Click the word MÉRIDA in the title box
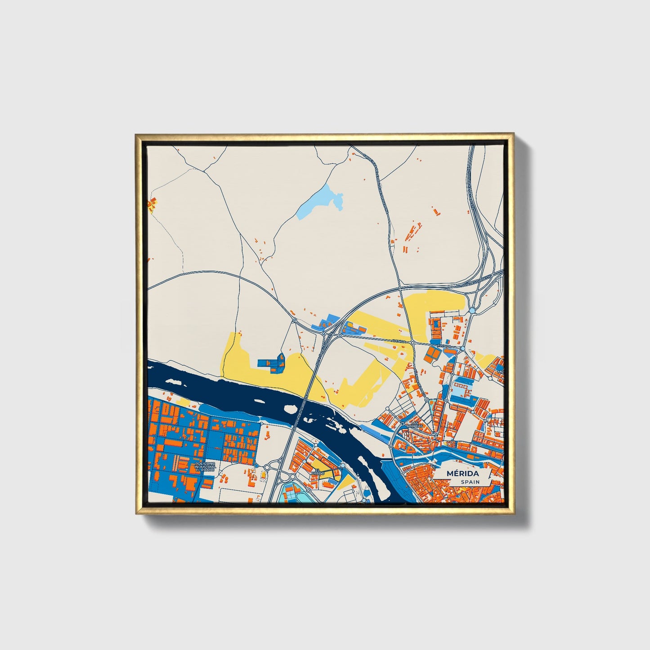pyautogui.click(x=463, y=474)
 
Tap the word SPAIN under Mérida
pyautogui.click(x=470, y=482)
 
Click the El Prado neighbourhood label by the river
pyautogui.click(x=318, y=473)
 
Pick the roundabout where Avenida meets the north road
pyautogui.click(x=412, y=343)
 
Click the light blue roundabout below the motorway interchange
pyautogui.click(x=471, y=311)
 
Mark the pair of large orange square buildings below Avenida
pyautogui.click(x=432, y=354)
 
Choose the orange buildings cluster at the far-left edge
pyautogui.click(x=152, y=204)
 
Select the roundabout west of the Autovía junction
pyautogui.click(x=294, y=320)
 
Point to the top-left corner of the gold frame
pyautogui.click(x=136, y=134)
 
